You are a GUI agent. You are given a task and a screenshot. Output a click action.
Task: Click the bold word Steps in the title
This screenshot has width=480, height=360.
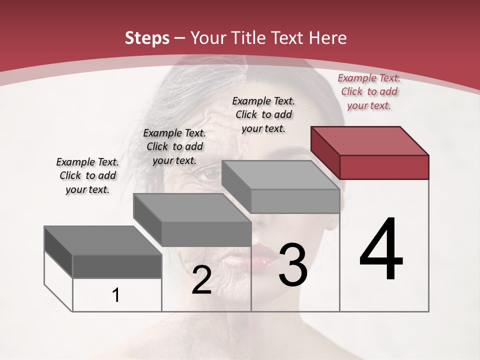(x=146, y=38)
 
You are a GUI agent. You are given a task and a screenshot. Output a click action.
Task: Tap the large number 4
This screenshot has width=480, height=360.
(x=381, y=249)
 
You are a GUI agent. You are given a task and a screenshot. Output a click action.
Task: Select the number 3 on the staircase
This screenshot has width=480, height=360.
(x=293, y=265)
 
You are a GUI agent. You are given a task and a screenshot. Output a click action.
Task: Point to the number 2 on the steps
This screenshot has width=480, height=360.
(x=201, y=280)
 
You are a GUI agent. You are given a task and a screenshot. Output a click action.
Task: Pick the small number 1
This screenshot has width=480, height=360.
(x=116, y=295)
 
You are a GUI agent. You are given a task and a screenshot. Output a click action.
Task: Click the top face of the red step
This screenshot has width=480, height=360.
(x=370, y=140)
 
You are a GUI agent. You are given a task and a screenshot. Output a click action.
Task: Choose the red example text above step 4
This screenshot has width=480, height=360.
(x=369, y=91)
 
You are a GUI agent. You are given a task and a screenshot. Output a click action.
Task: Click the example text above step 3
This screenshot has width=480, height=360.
(x=263, y=114)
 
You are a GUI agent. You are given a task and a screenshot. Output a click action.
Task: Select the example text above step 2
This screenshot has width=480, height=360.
(x=174, y=146)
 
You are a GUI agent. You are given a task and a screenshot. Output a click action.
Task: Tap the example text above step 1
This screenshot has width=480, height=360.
(x=87, y=175)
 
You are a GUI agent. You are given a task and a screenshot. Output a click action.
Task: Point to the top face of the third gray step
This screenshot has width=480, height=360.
(x=280, y=175)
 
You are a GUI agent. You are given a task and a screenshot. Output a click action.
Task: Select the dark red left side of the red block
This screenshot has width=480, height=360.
(x=325, y=152)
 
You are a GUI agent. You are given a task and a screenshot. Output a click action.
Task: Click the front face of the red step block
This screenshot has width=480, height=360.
(x=384, y=167)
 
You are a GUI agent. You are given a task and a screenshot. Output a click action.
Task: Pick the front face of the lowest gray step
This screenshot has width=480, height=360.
(x=117, y=266)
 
